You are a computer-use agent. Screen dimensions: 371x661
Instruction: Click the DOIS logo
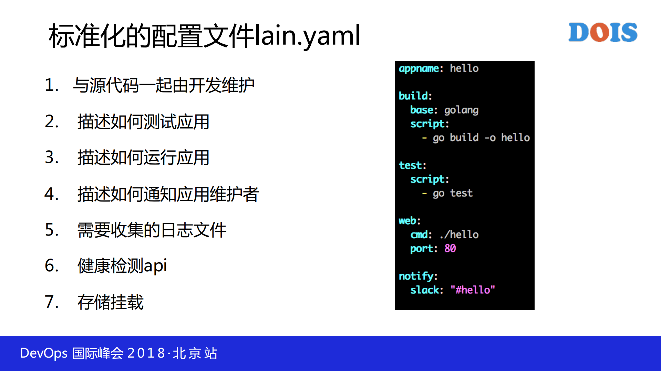point(602,32)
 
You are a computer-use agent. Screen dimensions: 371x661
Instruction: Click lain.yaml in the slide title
point(308,36)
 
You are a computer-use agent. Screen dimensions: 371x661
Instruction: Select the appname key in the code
point(419,68)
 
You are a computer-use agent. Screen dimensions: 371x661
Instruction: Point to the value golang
point(461,110)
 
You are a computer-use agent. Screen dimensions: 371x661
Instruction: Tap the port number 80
point(450,248)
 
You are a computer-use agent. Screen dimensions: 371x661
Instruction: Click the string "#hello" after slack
point(473,290)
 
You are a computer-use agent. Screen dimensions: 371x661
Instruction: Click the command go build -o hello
point(481,138)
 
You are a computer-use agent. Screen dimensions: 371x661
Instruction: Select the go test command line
point(452,193)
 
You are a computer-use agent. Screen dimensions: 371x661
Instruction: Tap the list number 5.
point(51,230)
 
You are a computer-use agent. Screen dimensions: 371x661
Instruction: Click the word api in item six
point(155,266)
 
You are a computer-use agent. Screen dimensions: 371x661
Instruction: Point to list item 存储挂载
point(110,302)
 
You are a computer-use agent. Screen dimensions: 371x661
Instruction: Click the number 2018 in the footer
point(146,353)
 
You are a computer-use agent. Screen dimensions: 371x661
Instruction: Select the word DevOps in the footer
point(44,353)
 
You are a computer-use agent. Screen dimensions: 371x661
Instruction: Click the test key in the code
point(412,165)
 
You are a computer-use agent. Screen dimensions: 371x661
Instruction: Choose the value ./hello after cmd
point(459,234)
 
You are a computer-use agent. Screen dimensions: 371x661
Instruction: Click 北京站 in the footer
point(195,353)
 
